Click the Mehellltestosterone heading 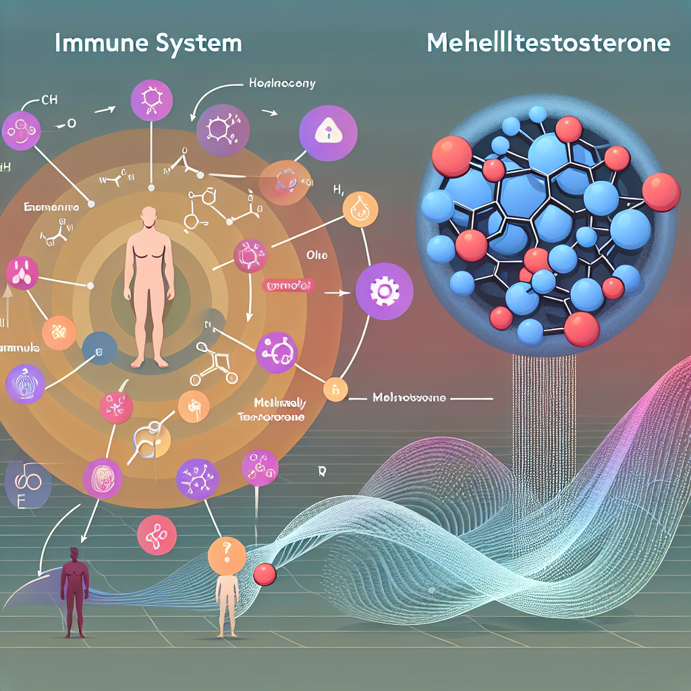coord(549,43)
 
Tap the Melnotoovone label coord(409,398)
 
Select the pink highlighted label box coord(288,286)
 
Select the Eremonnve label coord(50,208)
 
